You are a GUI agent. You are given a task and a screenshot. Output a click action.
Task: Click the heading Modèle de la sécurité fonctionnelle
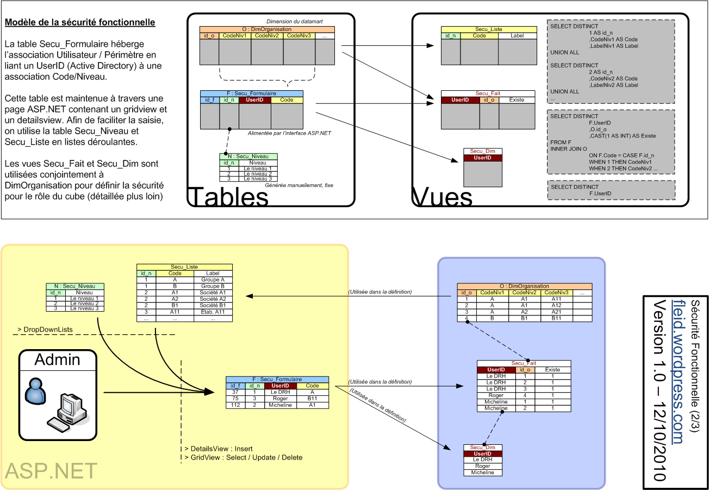point(80,23)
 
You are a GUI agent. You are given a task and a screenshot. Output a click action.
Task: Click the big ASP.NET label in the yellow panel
point(51,471)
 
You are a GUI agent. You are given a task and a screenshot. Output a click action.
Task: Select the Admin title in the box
point(58,359)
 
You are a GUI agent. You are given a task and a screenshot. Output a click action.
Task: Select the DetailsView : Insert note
point(219,449)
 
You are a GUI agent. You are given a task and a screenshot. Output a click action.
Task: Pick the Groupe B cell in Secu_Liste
point(213,286)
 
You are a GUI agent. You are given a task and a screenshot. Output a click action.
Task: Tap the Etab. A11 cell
point(213,312)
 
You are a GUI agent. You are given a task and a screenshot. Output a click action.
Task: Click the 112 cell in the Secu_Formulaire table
point(235,405)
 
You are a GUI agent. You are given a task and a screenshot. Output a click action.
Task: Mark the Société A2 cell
point(213,299)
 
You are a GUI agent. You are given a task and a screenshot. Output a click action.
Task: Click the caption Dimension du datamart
point(295,21)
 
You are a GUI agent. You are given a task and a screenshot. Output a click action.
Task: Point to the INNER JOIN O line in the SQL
point(569,148)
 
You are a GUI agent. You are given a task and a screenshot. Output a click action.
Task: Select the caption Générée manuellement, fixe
point(299,185)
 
